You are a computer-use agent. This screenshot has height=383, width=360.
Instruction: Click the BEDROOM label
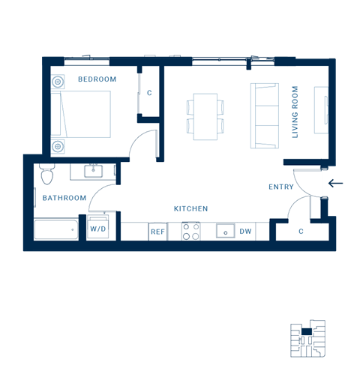pyautogui.click(x=97, y=79)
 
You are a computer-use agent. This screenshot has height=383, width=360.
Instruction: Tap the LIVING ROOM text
pyautogui.click(x=295, y=112)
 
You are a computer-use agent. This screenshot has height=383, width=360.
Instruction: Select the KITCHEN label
pyautogui.click(x=190, y=208)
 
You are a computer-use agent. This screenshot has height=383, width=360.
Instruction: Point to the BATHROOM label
pyautogui.click(x=64, y=198)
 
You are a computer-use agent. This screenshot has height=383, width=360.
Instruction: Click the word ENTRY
pyautogui.click(x=281, y=187)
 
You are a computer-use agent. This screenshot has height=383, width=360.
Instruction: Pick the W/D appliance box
pyautogui.click(x=98, y=228)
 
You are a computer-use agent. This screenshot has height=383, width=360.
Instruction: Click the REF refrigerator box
pyautogui.click(x=157, y=232)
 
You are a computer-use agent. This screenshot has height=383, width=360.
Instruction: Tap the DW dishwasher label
pyautogui.click(x=245, y=232)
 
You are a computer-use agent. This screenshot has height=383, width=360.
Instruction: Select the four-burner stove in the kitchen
pyautogui.click(x=190, y=231)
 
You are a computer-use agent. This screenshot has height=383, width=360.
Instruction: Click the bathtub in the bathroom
pyautogui.click(x=56, y=229)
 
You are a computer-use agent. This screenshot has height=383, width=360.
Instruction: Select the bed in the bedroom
pyautogui.click(x=81, y=114)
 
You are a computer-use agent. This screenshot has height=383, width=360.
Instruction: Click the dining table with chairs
pyautogui.click(x=205, y=116)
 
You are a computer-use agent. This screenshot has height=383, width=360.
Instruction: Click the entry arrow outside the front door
pyautogui.click(x=335, y=183)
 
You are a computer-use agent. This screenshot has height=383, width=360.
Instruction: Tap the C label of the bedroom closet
pyautogui.click(x=149, y=93)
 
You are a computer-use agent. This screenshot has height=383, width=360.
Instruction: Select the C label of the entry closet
pyautogui.click(x=301, y=231)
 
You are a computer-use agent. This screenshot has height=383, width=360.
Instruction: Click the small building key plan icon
pyautogui.click(x=307, y=338)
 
